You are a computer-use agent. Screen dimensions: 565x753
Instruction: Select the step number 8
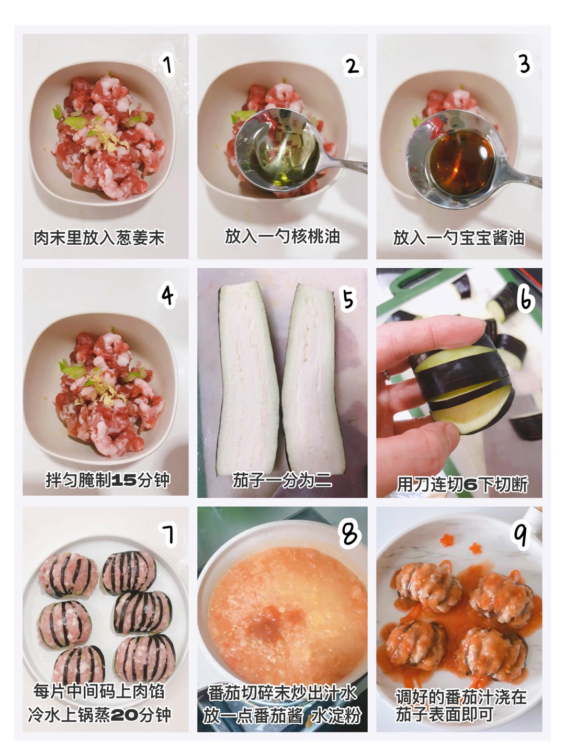tap(349, 534)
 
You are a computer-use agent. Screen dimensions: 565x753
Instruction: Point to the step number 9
tap(520, 534)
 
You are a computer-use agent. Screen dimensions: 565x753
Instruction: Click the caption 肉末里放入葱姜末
tap(99, 238)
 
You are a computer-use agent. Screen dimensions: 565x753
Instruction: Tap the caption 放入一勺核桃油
tap(282, 236)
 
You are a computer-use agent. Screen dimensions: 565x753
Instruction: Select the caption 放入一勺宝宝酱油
tap(459, 238)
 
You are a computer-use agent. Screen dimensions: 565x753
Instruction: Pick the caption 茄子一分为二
tap(282, 480)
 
